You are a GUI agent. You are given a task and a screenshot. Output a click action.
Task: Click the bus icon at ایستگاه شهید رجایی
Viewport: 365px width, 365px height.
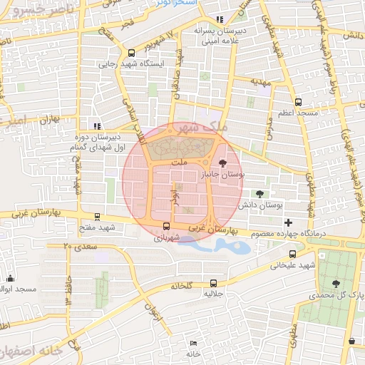(131, 53)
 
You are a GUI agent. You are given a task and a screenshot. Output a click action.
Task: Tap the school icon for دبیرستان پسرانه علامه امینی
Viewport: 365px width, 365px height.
(220, 19)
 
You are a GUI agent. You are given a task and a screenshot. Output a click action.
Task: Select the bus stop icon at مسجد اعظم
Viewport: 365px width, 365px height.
(298, 101)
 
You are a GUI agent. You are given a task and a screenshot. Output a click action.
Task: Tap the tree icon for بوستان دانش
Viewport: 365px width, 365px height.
(259, 193)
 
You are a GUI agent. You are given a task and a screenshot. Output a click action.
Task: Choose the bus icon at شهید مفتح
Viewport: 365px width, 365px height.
(98, 216)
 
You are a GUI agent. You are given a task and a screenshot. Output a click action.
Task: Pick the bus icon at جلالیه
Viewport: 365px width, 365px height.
(215, 282)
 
